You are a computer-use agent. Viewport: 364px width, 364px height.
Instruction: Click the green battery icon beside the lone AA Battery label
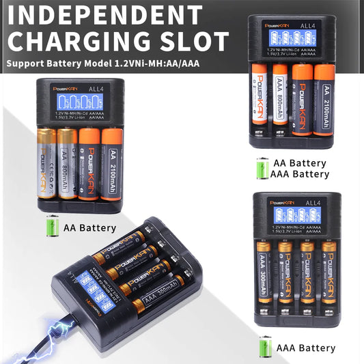click(53, 226)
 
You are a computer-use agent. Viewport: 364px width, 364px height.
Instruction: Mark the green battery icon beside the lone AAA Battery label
click(265, 348)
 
